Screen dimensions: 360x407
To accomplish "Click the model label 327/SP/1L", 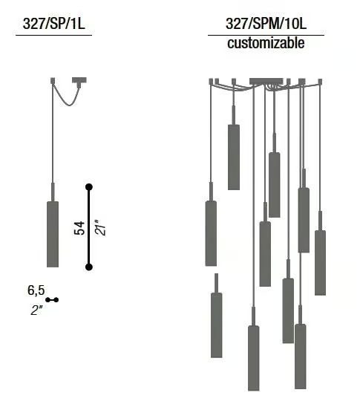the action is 53,24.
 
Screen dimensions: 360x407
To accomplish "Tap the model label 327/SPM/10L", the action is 266,24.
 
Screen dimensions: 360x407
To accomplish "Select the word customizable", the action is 266,43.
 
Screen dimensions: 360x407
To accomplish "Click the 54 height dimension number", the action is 79,228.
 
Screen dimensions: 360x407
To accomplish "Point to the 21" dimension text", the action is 100,228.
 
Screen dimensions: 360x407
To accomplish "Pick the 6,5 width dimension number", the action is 36,290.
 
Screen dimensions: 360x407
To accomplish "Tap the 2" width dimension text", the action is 36,310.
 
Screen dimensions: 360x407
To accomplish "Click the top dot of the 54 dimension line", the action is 89,187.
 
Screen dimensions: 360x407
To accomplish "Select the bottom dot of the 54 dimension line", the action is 89,267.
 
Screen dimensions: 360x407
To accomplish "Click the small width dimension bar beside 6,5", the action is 52,300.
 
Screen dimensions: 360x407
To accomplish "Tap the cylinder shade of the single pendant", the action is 53,234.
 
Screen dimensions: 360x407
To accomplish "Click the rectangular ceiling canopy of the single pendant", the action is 79,80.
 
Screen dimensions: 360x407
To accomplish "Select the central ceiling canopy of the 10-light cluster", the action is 266,81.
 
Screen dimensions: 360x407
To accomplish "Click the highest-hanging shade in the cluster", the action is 234,157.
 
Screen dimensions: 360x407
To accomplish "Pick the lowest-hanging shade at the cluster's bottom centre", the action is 254,358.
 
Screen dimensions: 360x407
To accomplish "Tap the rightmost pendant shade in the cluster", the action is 321,263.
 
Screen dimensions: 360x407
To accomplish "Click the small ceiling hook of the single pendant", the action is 53,81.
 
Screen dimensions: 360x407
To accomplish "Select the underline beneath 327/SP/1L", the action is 54,35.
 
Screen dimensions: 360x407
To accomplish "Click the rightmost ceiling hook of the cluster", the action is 320,82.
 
